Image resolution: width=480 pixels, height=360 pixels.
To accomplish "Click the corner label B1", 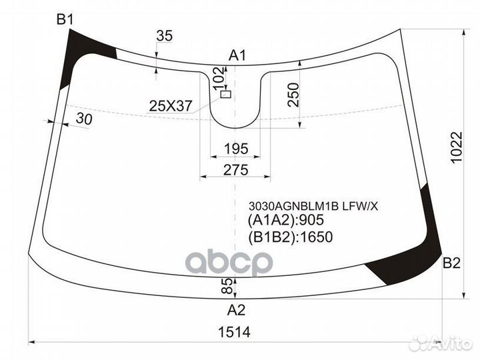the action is coord(65,20).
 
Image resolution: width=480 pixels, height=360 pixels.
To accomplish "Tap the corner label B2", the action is coord(451,263).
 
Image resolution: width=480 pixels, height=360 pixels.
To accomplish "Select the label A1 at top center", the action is coord(237,56).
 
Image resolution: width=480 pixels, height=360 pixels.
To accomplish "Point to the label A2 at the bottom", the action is coord(236,310).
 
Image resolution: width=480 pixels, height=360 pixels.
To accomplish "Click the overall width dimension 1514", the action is coord(234,332).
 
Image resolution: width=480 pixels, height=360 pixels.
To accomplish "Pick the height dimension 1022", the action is coord(457,148).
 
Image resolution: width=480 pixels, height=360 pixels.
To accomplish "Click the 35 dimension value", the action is coord(165,36).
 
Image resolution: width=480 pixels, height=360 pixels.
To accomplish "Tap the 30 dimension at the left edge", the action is coord(84,119).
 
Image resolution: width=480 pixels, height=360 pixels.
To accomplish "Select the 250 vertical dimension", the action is coord(293,95).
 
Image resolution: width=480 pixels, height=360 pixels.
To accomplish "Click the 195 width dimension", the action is coord(236,149).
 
